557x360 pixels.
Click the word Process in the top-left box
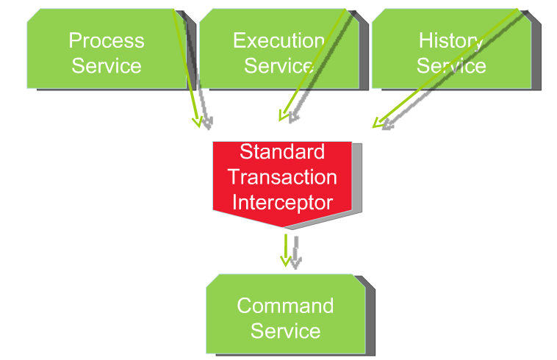(107, 40)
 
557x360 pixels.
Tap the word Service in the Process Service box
(107, 65)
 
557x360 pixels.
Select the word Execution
(278, 40)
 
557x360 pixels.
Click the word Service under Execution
(278, 65)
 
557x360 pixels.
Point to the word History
(451, 42)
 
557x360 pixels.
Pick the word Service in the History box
(451, 65)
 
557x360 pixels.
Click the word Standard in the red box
(282, 151)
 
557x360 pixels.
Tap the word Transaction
(282, 177)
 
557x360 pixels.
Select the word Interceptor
(282, 203)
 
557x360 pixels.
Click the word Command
(285, 306)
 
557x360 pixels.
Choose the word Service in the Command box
(285, 331)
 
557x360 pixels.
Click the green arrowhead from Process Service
(198, 122)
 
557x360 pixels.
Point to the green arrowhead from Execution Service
(283, 115)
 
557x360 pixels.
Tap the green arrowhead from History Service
(378, 123)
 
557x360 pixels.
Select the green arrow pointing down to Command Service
(286, 251)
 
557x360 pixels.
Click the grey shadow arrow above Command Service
(296, 253)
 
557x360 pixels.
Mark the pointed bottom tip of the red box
(283, 227)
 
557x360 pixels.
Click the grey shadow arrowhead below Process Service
(208, 123)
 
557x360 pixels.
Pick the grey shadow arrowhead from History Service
(387, 125)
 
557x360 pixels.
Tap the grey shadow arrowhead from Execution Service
(293, 118)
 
